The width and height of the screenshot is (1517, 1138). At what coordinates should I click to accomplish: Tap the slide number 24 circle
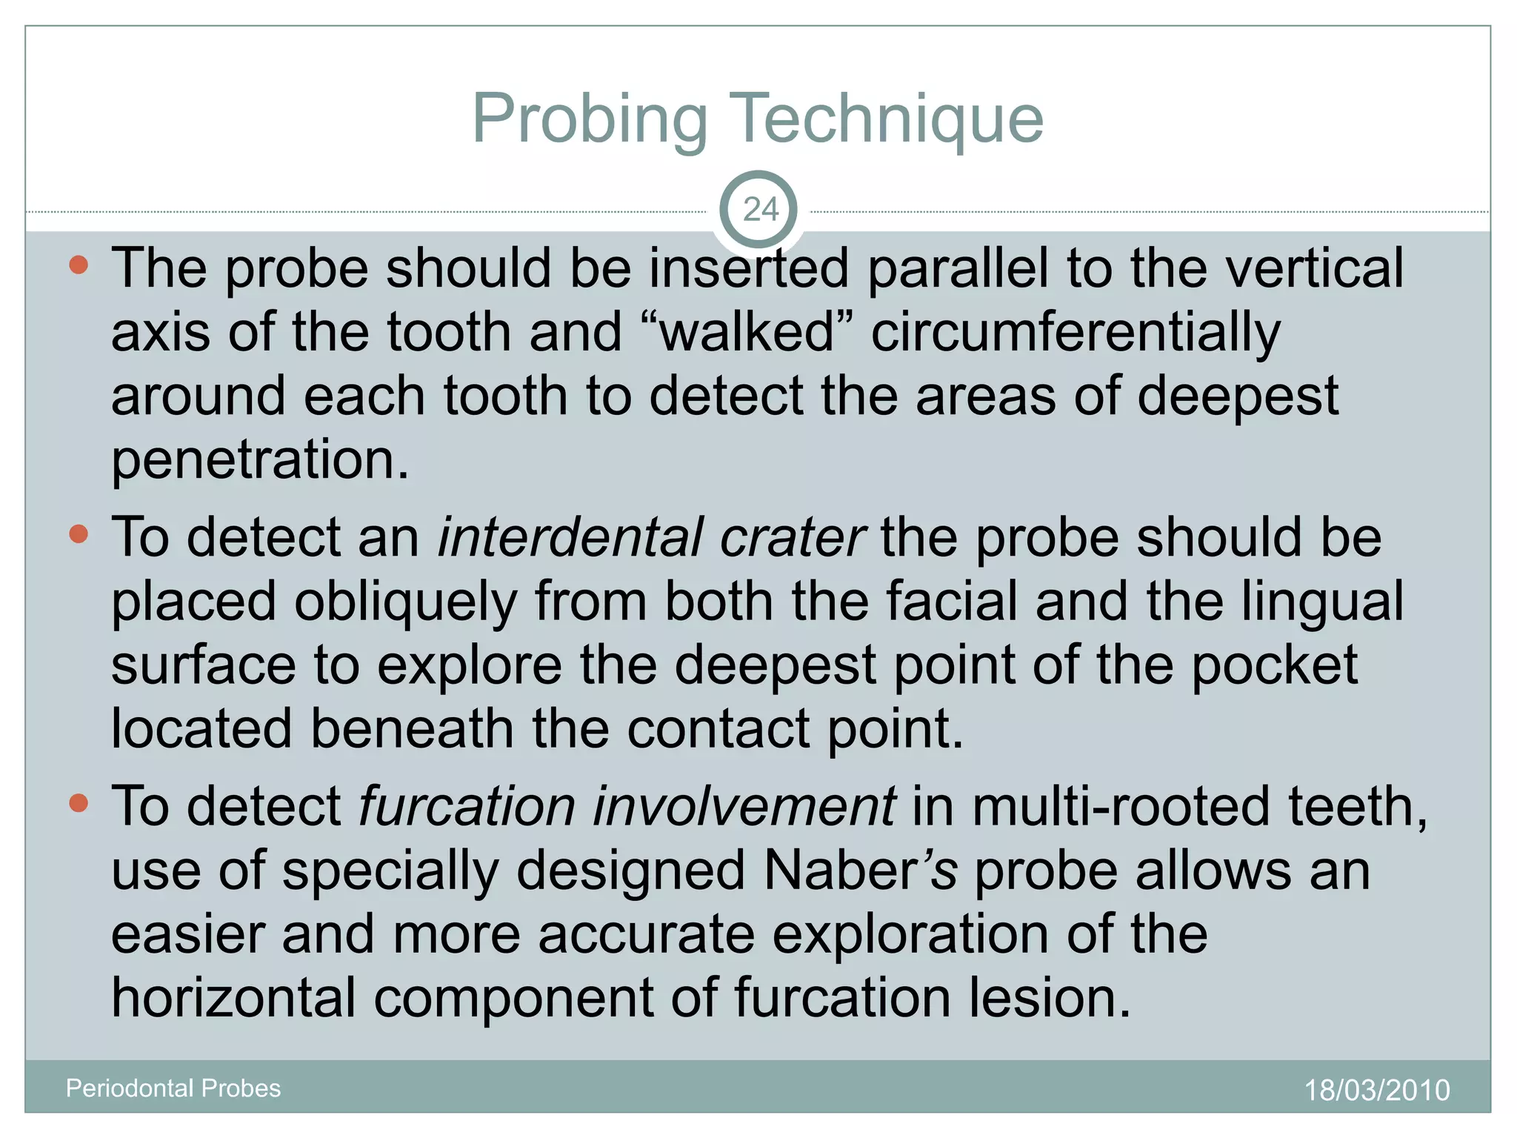758,210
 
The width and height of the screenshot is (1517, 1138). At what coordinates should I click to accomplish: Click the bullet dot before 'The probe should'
79,264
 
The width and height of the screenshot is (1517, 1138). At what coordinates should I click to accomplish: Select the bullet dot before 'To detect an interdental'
79,534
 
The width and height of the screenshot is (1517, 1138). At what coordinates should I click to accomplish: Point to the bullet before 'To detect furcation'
79,803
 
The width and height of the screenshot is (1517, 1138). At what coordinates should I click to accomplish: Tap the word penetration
259,460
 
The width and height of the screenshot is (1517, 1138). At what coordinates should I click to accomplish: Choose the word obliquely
406,602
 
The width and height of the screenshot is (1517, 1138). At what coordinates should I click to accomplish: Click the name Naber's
860,870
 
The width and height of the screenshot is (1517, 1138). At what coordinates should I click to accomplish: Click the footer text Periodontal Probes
173,1088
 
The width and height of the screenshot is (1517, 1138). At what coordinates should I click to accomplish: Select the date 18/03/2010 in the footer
1376,1090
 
